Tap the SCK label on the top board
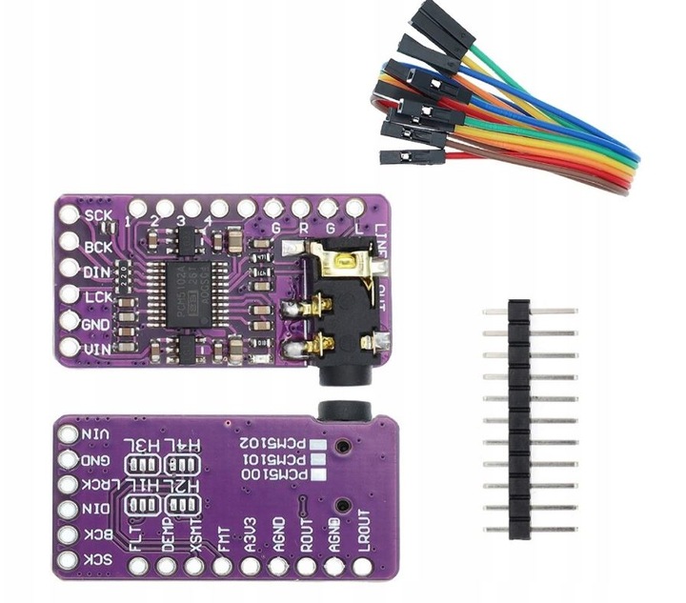98,216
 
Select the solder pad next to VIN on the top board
69,351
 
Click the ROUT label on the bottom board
308,530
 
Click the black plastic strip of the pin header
518,419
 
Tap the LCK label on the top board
98,297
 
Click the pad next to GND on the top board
69,324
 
